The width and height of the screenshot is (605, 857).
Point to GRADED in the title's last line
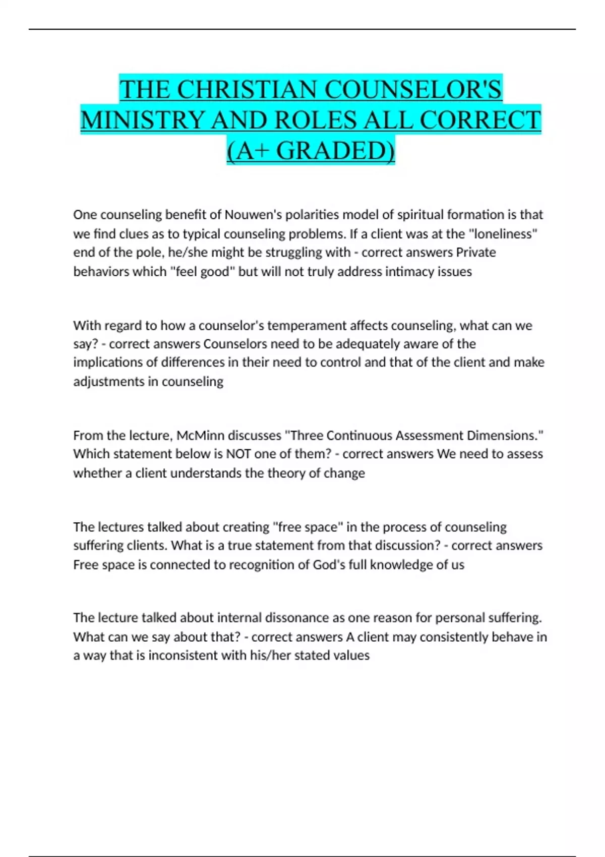tap(335, 151)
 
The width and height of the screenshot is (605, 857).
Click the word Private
tap(476, 252)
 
